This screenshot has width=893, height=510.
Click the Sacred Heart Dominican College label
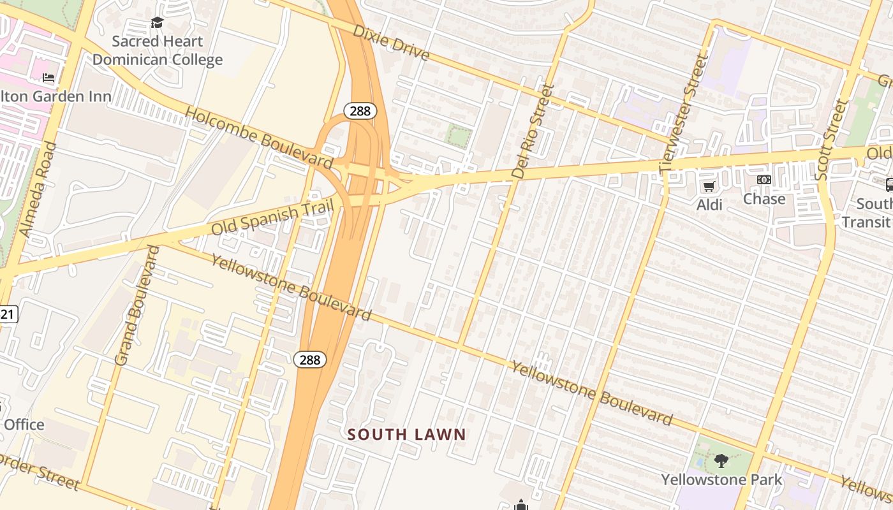pos(158,51)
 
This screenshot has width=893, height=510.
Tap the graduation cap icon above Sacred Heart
pos(157,24)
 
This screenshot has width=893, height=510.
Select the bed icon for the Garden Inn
pos(48,78)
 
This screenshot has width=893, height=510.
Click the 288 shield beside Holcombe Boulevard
pos(360,111)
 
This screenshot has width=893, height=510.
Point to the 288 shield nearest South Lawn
pos(310,360)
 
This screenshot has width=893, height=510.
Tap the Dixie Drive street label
pos(391,43)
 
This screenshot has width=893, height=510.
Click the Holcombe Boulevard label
pos(259,138)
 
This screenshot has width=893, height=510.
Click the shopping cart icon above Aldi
pos(709,186)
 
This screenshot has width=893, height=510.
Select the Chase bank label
pos(764,199)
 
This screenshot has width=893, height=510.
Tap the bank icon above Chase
pos(764,180)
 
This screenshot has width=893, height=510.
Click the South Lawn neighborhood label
pos(406,435)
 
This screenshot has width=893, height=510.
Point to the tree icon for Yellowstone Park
pos(721,460)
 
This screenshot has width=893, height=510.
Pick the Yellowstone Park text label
pos(721,479)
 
